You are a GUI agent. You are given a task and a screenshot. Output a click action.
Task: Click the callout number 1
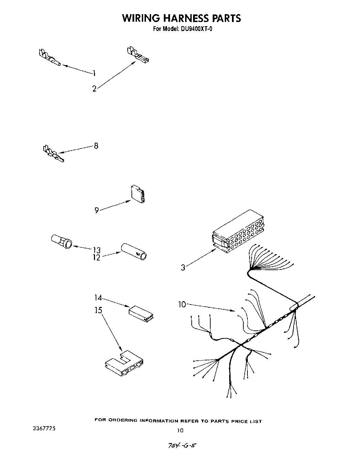(94, 73)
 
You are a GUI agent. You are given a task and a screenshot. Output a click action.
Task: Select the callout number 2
(94, 89)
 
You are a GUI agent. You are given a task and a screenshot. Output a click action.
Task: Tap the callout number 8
(96, 146)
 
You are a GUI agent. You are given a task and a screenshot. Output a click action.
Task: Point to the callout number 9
(97, 210)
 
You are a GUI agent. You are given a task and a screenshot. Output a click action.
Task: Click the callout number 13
(96, 250)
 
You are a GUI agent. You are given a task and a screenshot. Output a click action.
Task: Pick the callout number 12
(96, 257)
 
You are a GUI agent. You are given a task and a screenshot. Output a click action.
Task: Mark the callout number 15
(98, 310)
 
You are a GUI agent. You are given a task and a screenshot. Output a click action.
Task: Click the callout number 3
(183, 267)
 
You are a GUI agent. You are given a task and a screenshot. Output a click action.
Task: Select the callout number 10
(182, 304)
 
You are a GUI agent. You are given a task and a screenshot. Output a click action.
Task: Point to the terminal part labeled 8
(53, 154)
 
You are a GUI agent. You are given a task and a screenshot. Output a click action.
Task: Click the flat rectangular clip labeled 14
(141, 313)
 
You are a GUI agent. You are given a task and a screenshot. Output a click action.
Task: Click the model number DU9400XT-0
(195, 29)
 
